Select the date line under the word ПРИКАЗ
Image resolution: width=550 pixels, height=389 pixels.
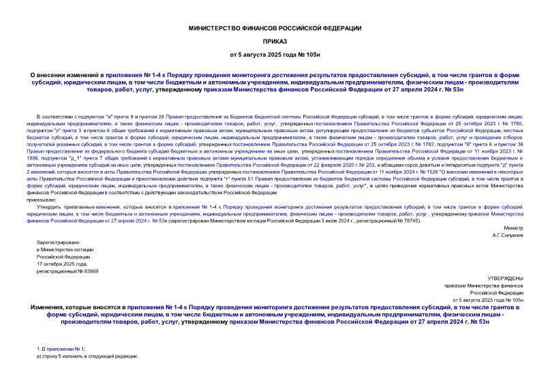(275, 54)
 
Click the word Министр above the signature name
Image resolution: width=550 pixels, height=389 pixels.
(513, 207)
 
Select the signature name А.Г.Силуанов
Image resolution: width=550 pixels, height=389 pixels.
(508, 215)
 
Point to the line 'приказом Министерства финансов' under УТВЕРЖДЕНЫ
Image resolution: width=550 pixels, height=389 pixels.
(483, 286)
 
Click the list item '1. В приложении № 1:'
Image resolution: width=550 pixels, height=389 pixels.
(62, 349)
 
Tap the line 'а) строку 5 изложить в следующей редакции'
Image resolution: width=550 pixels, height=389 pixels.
(87, 357)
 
